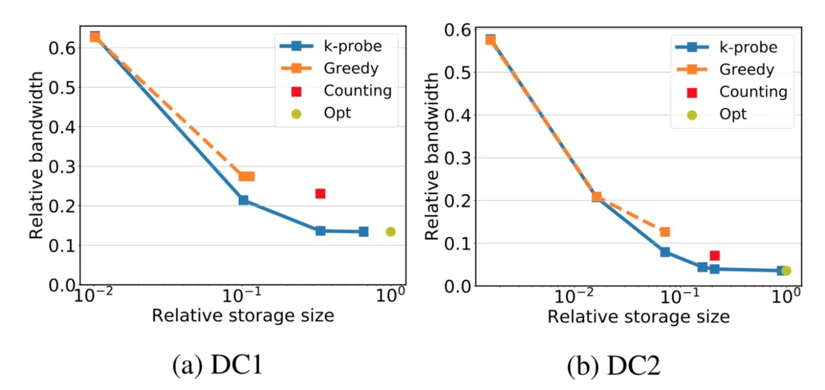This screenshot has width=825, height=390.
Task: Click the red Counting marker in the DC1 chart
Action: (320, 193)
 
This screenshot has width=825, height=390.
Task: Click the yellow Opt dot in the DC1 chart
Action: (390, 232)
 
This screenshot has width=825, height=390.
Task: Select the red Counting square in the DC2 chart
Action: (715, 255)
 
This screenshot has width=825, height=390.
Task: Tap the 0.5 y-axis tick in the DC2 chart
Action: (458, 72)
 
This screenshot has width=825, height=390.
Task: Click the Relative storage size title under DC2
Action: (638, 317)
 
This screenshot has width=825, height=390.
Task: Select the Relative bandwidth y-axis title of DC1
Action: (37, 156)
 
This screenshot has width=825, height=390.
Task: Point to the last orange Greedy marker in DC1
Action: (247, 176)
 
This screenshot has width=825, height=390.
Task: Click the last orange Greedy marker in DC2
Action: (665, 232)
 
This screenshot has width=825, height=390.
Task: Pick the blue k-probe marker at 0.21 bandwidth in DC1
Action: (243, 200)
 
